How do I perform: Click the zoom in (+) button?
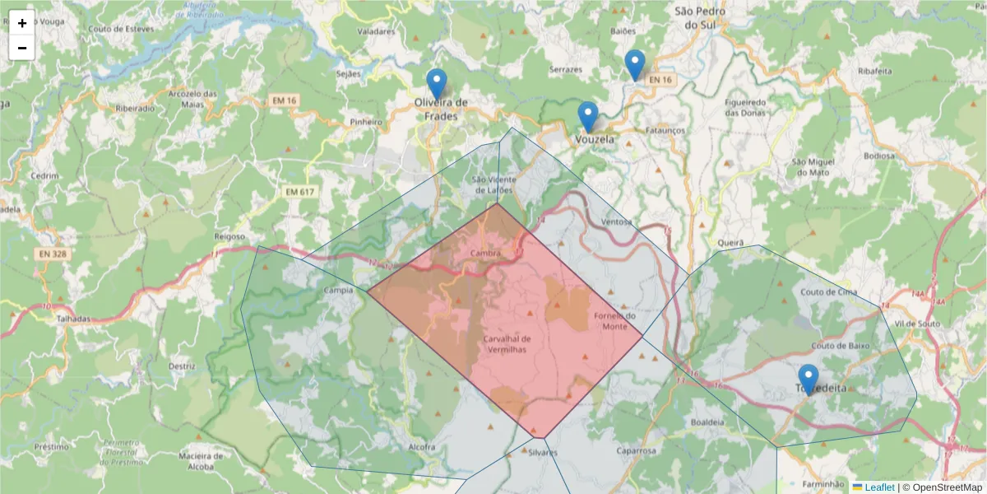(22, 23)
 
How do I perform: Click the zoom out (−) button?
(22, 48)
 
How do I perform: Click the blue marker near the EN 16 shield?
(634, 64)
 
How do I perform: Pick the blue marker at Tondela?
(809, 379)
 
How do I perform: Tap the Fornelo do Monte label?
(614, 321)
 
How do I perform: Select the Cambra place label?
(486, 254)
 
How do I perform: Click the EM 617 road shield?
(300, 192)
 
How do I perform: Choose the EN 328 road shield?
(53, 254)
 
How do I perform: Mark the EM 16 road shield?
(285, 100)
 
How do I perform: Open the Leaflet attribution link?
(878, 487)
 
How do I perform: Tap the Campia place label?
(339, 291)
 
